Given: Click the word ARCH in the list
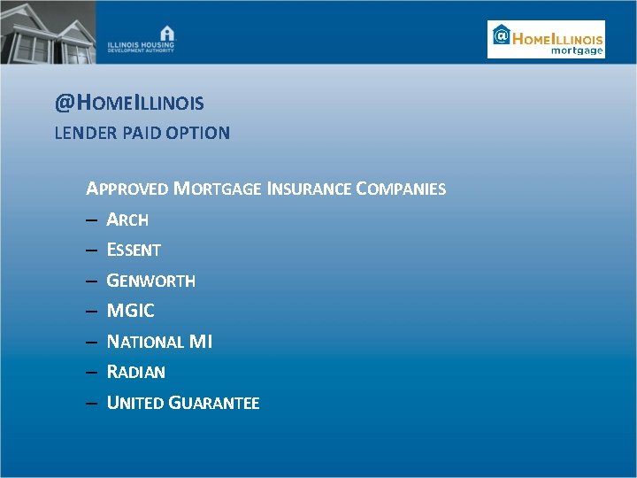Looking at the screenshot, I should coord(127,220).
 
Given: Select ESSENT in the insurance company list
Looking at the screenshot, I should coord(134,251).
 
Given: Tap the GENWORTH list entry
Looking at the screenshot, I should coord(150,281).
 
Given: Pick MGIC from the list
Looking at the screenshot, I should coord(130,311).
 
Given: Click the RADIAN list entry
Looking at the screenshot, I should coord(135,372).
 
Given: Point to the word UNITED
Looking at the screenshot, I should coord(134,403).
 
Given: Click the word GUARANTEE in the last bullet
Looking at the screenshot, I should coord(214,403).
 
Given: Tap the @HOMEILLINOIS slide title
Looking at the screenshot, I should coord(129,104).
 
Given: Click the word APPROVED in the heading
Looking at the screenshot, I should coord(127,189).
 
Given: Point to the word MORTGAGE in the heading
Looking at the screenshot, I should coord(217,189).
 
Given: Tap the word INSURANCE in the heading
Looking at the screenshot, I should coord(309,189).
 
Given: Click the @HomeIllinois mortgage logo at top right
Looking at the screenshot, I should coord(546,40).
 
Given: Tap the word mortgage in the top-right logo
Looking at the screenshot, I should coord(577,50).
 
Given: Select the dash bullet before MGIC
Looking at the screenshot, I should coord(91,312).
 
